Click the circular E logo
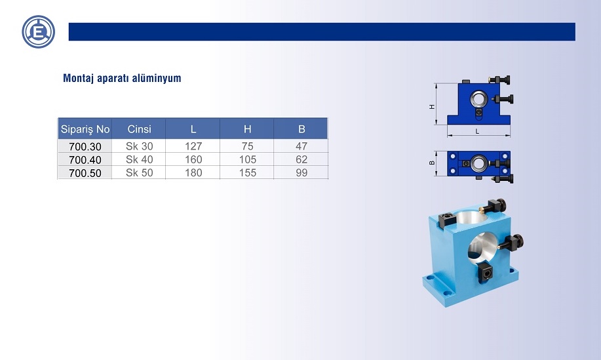(38, 32)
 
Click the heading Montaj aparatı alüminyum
(122, 78)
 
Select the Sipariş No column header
(85, 129)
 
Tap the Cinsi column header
(139, 129)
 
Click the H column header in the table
(248, 129)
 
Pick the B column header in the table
(301, 129)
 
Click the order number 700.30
(85, 146)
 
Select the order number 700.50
(85, 173)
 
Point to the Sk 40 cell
(139, 159)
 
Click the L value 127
(193, 146)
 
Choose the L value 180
(193, 172)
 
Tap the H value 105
(248, 159)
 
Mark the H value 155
(248, 172)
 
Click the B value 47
(301, 146)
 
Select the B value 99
(301, 172)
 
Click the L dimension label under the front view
(477, 132)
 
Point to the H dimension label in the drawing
(433, 107)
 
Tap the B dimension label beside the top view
(433, 163)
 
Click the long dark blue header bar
(322, 31)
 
